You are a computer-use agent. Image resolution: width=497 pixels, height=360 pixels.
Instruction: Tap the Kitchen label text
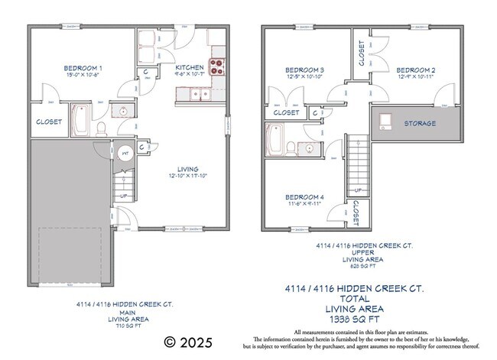point(190,67)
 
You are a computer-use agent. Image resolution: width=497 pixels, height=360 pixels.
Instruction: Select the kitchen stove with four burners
point(217,66)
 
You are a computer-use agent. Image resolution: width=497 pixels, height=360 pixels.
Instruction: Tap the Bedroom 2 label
point(416,67)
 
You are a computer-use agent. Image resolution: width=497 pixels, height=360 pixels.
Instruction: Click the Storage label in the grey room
point(421,123)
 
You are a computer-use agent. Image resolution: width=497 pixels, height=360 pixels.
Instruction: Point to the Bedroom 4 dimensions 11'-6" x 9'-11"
point(304,204)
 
